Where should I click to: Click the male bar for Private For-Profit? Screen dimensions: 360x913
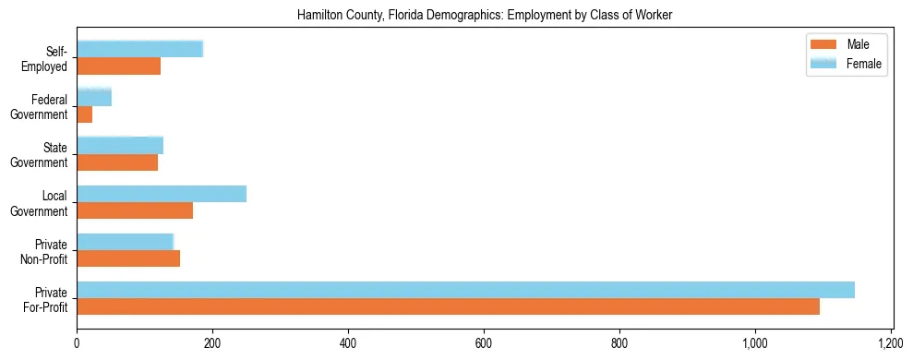(448, 306)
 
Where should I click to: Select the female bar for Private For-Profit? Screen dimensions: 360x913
(465, 290)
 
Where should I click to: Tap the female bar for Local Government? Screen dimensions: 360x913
(162, 194)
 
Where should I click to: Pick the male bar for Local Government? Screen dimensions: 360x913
(135, 210)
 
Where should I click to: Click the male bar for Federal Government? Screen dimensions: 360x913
(85, 114)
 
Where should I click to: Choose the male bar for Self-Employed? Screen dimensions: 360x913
(119, 66)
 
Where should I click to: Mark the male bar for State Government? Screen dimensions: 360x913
(117, 162)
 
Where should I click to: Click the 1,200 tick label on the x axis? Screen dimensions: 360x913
(891, 343)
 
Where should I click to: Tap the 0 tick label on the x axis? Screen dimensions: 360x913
(77, 343)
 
